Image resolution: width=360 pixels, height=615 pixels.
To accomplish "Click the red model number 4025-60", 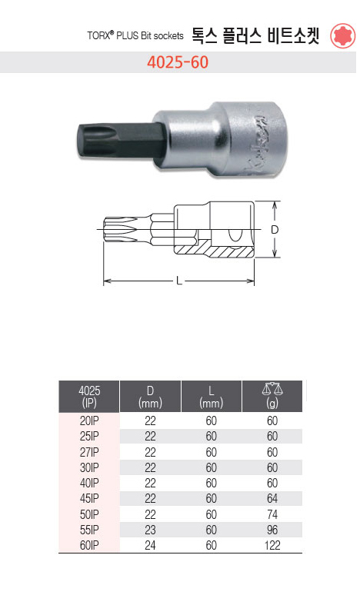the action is click(178, 62).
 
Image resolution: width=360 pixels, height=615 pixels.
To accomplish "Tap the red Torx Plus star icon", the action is click(342, 35).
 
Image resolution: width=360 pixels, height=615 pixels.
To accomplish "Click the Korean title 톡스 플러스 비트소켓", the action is click(255, 35).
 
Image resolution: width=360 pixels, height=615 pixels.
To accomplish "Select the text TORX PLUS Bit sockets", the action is click(135, 35).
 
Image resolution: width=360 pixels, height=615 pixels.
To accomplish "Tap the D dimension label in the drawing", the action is click(275, 230).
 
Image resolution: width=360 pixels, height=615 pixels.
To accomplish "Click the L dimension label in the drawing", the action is click(179, 281).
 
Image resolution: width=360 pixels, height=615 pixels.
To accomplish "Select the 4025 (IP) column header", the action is click(89, 397).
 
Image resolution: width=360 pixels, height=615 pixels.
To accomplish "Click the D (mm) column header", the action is click(150, 397).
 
